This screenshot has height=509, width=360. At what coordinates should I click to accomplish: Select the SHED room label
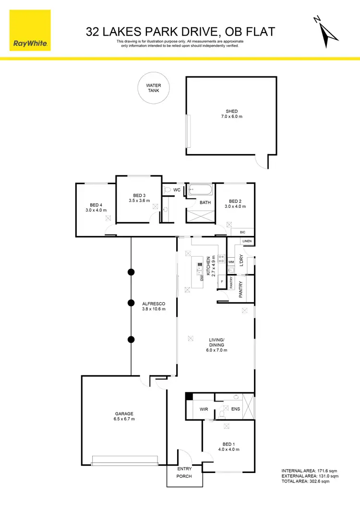232,111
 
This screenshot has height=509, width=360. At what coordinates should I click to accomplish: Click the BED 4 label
96,205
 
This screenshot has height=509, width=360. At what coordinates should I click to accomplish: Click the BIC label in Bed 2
242,232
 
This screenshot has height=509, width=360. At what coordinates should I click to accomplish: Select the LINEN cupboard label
247,241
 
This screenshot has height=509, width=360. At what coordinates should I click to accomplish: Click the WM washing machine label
231,262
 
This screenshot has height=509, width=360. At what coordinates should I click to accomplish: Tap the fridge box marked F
222,282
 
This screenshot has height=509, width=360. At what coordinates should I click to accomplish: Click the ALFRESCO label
154,304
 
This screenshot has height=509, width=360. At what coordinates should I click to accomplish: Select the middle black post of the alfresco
131,303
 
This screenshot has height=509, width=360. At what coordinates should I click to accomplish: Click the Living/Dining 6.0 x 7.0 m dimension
216,350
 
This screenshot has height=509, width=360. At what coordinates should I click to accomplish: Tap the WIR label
204,409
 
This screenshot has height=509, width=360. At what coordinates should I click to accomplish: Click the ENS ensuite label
235,409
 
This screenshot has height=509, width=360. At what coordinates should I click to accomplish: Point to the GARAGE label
124,414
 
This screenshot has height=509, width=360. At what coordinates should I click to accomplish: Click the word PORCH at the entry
184,476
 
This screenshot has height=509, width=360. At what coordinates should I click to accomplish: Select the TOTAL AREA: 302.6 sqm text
310,482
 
